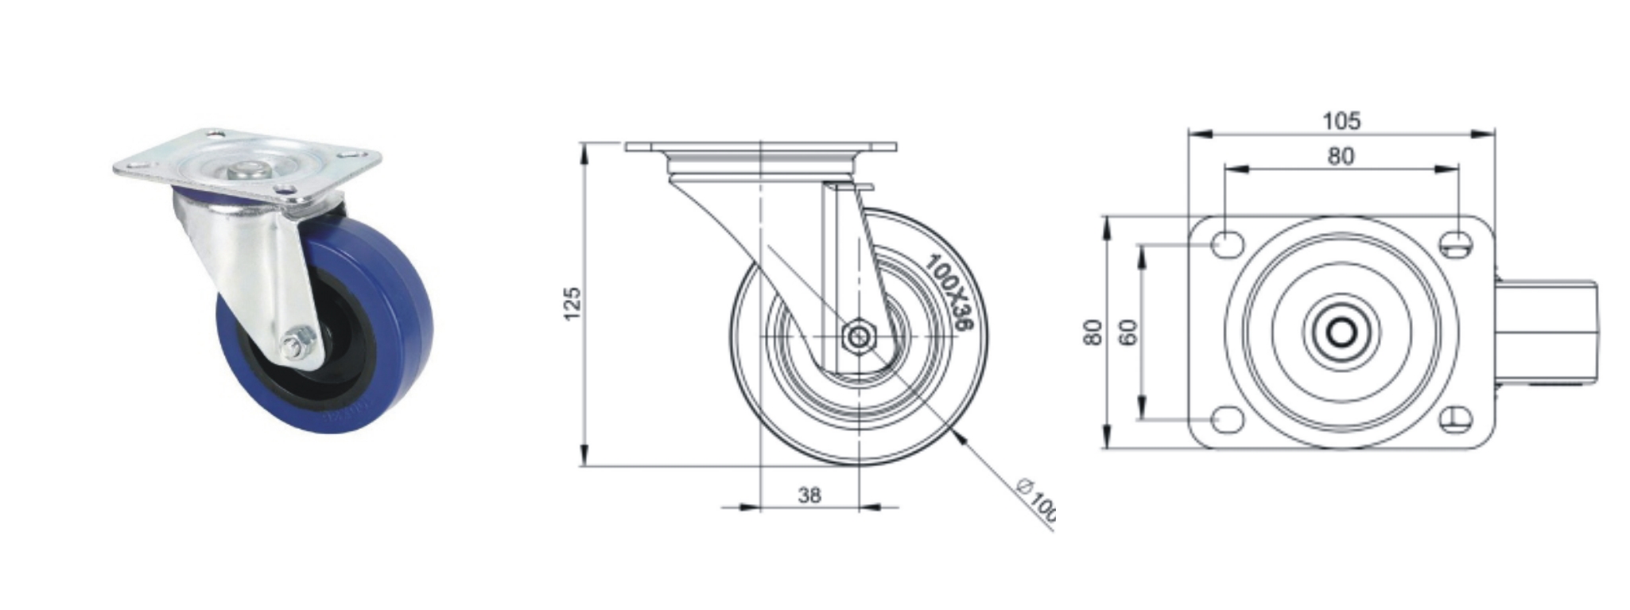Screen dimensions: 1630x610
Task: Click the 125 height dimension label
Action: [572, 305]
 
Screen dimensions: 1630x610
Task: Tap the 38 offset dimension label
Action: [809, 495]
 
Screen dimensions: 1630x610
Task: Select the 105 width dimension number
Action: [1341, 121]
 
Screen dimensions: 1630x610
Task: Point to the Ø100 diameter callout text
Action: [1037, 499]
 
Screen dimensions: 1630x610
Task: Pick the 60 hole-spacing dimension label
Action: [1127, 331]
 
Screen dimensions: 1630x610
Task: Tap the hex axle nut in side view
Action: [858, 336]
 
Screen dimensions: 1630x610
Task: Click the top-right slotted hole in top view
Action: [1457, 244]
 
